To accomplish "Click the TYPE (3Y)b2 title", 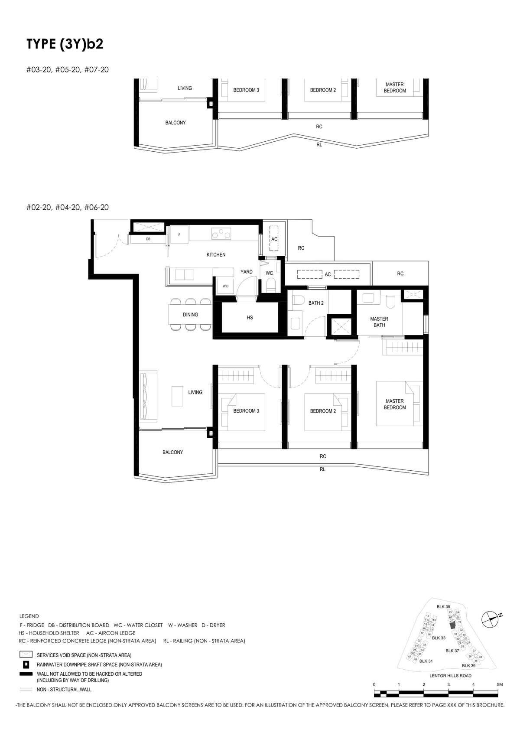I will pyautogui.click(x=65, y=44).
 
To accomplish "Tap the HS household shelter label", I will pyautogui.click(x=250, y=318).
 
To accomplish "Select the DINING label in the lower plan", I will pyautogui.click(x=190, y=315).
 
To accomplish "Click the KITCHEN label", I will pyautogui.click(x=216, y=255).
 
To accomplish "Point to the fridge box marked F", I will pyautogui.click(x=179, y=234).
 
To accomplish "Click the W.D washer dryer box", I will pyautogui.click(x=225, y=286).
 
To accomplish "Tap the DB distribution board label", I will pyautogui.click(x=148, y=239).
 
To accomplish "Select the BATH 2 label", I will pyautogui.click(x=316, y=303).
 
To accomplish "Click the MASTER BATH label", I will pyautogui.click(x=379, y=322).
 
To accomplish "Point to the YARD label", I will pyautogui.click(x=247, y=272).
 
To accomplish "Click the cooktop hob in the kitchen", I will pyautogui.click(x=221, y=234).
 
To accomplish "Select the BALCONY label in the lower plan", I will pyautogui.click(x=172, y=452).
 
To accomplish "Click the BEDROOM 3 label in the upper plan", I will pyautogui.click(x=246, y=90).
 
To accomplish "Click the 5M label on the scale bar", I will pyautogui.click(x=500, y=684).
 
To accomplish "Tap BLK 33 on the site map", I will pyautogui.click(x=439, y=638).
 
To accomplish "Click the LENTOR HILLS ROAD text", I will pyautogui.click(x=450, y=675).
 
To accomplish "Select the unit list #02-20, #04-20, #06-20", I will pyautogui.click(x=67, y=207).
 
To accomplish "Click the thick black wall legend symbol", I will pyautogui.click(x=26, y=674).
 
